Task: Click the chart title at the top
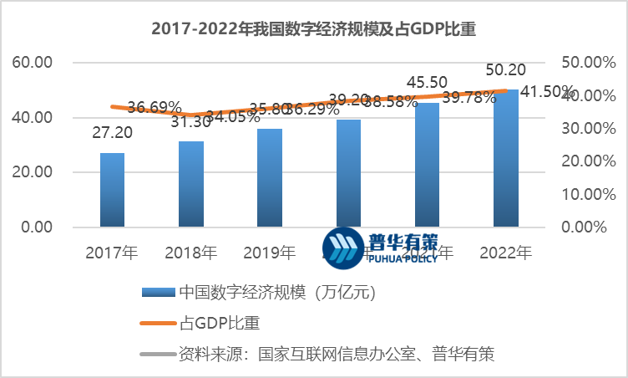pos(313,28)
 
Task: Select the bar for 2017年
pos(112,190)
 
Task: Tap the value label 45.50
pos(427,83)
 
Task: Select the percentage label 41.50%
pos(548,91)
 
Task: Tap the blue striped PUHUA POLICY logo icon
pos(343,248)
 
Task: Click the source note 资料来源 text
pos(337,354)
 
